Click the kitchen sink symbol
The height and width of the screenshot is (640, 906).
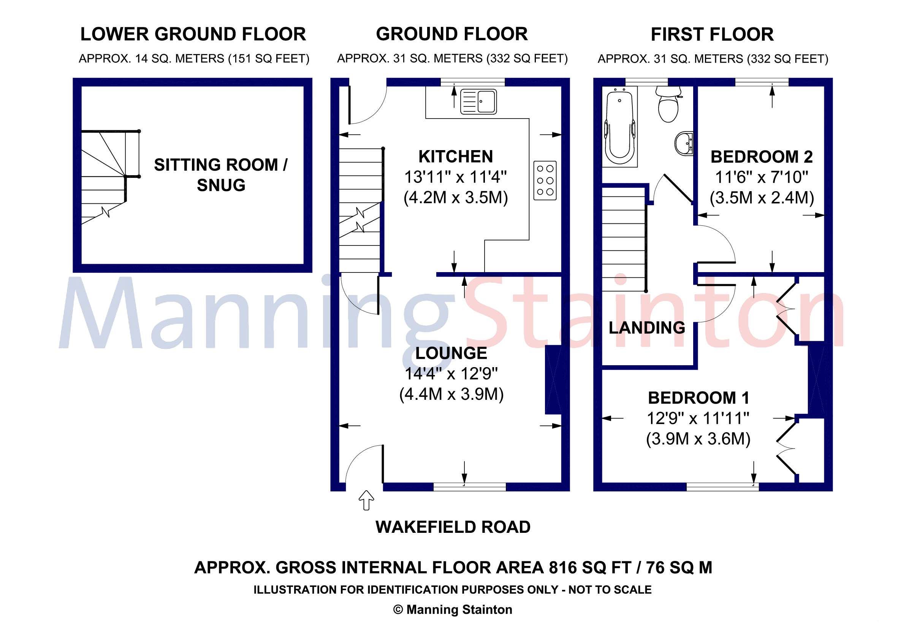pos(478,102)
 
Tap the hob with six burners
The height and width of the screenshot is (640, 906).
pos(545,180)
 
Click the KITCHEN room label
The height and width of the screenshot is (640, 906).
pos(455,157)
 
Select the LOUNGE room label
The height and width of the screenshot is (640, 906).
pos(451,353)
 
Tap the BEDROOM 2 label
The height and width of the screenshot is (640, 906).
pos(761,157)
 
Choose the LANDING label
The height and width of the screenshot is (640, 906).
pos(647,328)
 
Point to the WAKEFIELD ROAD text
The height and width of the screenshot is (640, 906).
pos(453,527)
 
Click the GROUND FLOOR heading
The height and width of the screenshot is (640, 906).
pos(451,34)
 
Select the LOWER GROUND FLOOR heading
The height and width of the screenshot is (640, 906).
pos(193,34)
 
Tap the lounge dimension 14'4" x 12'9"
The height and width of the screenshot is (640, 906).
pos(451,374)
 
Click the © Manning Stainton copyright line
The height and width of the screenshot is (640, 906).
pos(453,610)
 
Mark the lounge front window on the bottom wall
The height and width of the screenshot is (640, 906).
pos(470,487)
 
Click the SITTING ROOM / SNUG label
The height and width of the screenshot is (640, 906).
pos(220,175)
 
